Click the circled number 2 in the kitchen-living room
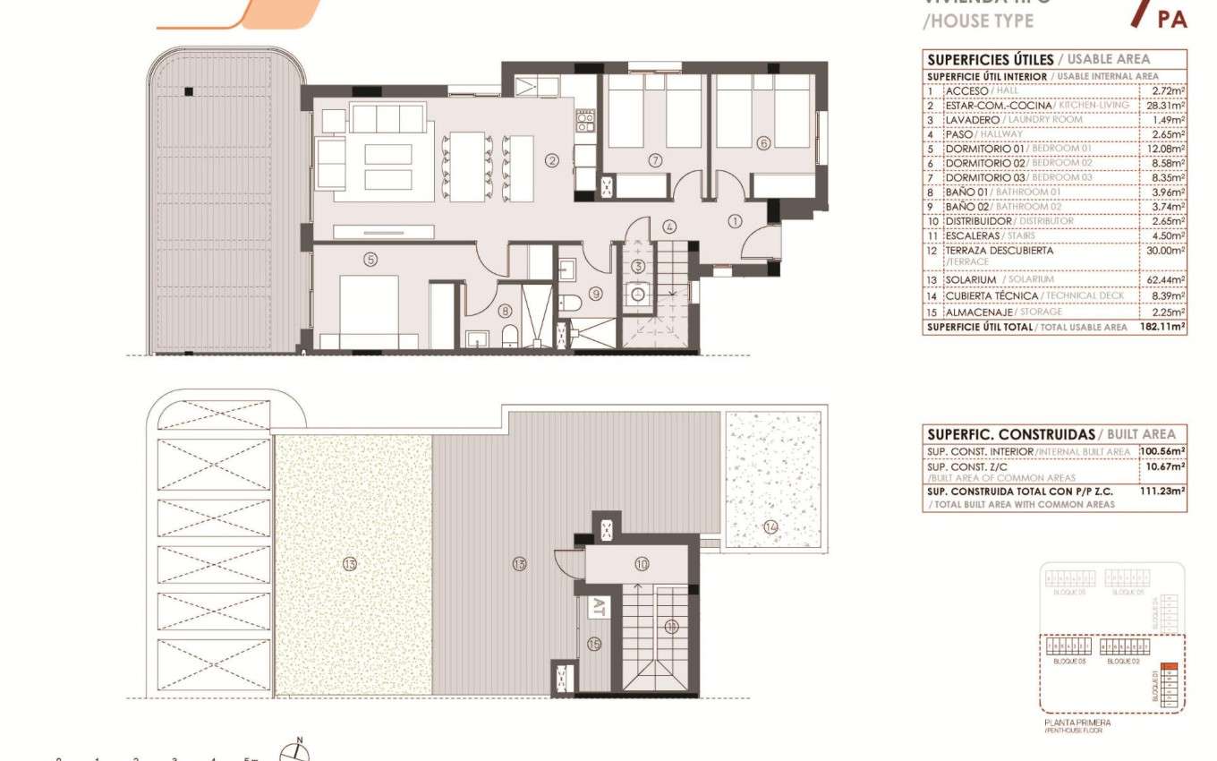point(552,161)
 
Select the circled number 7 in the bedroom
point(655,160)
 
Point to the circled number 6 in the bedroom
point(763,142)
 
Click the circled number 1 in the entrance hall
point(735,219)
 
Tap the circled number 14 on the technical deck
point(770,527)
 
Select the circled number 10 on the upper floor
point(642,564)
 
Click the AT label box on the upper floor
point(598,608)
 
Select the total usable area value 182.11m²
point(1162,328)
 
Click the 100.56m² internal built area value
point(1162,452)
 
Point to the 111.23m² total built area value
point(1162,491)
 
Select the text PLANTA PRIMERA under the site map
point(1077,723)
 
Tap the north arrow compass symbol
point(295,752)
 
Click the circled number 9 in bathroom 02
point(596,294)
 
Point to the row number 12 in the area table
point(932,252)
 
